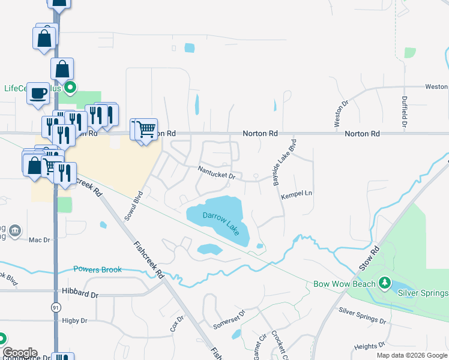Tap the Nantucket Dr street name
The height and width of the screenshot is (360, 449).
pos(220,173)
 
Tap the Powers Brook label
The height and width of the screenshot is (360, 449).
pos(97,269)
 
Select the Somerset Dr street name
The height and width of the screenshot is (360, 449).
pos(229,319)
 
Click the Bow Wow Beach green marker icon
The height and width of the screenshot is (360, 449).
pos(382,283)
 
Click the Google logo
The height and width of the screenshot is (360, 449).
pos(20,353)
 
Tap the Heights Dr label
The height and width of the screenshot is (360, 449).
pos(369,346)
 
